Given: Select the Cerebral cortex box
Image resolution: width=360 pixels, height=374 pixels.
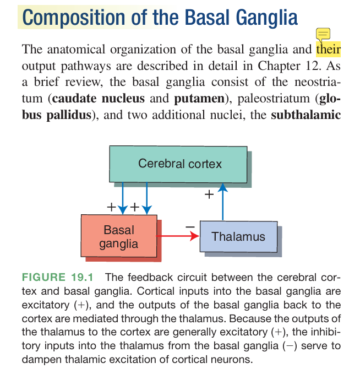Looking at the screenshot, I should click(179, 164).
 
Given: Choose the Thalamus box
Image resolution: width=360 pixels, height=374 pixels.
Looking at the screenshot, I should click(238, 237).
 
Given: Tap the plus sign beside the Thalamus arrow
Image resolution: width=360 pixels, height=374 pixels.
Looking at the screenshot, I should click(209, 194).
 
